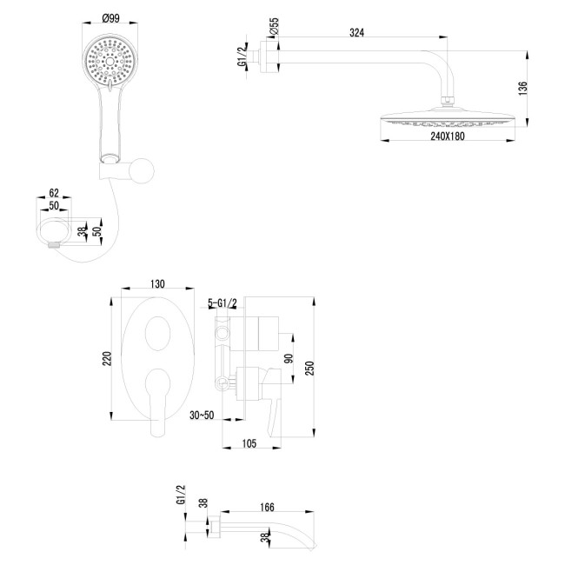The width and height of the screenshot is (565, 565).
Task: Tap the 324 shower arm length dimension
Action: tap(356, 32)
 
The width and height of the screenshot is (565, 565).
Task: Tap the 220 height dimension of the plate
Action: tap(107, 359)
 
